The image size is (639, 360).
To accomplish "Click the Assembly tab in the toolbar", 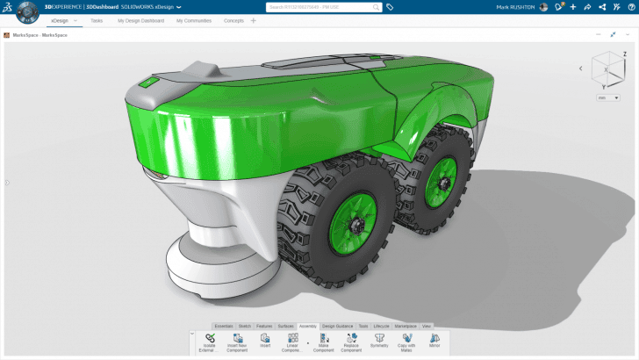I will (x=307, y=326).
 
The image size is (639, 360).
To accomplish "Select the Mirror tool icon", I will (x=434, y=339).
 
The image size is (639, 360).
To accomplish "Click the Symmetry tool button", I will (x=378, y=339).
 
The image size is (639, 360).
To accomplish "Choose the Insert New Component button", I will (x=236, y=339).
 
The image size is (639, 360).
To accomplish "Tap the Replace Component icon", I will (x=350, y=339).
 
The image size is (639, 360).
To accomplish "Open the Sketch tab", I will (x=245, y=326).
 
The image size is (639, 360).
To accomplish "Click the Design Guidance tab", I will (x=337, y=326).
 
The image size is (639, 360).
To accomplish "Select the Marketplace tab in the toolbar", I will (x=406, y=326).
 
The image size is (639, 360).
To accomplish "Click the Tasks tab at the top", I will (x=97, y=20).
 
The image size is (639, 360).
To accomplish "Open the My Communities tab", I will (x=193, y=20).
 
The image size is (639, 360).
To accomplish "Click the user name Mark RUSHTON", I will (x=515, y=6).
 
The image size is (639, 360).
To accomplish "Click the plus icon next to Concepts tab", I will (x=254, y=20).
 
